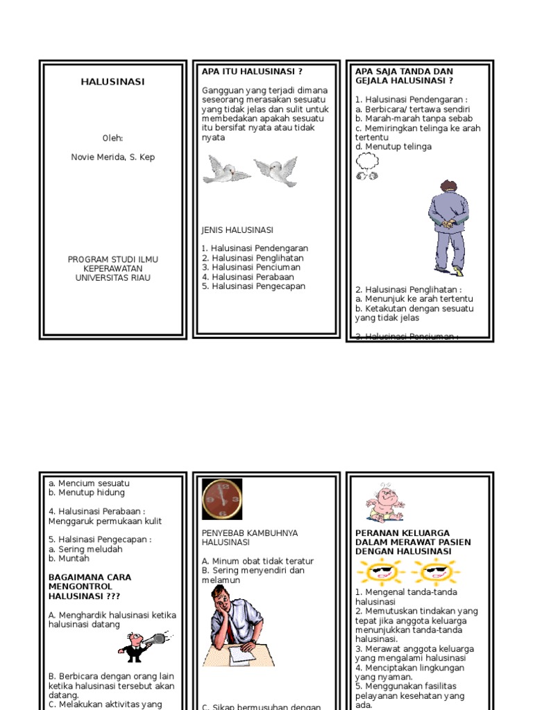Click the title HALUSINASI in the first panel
click(x=112, y=82)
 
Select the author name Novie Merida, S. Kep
click(x=112, y=157)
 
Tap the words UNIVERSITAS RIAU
click(x=112, y=278)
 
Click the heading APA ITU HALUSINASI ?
click(x=252, y=71)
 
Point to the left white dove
click(x=226, y=169)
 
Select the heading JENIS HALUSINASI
click(x=237, y=230)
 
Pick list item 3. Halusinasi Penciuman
click(x=251, y=267)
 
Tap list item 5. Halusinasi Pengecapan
click(x=253, y=286)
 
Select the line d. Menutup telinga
click(x=393, y=147)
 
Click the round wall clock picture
click(x=222, y=499)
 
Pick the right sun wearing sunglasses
click(x=435, y=573)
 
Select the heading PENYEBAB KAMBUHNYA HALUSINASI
click(x=250, y=537)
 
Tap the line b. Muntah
click(x=69, y=558)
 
